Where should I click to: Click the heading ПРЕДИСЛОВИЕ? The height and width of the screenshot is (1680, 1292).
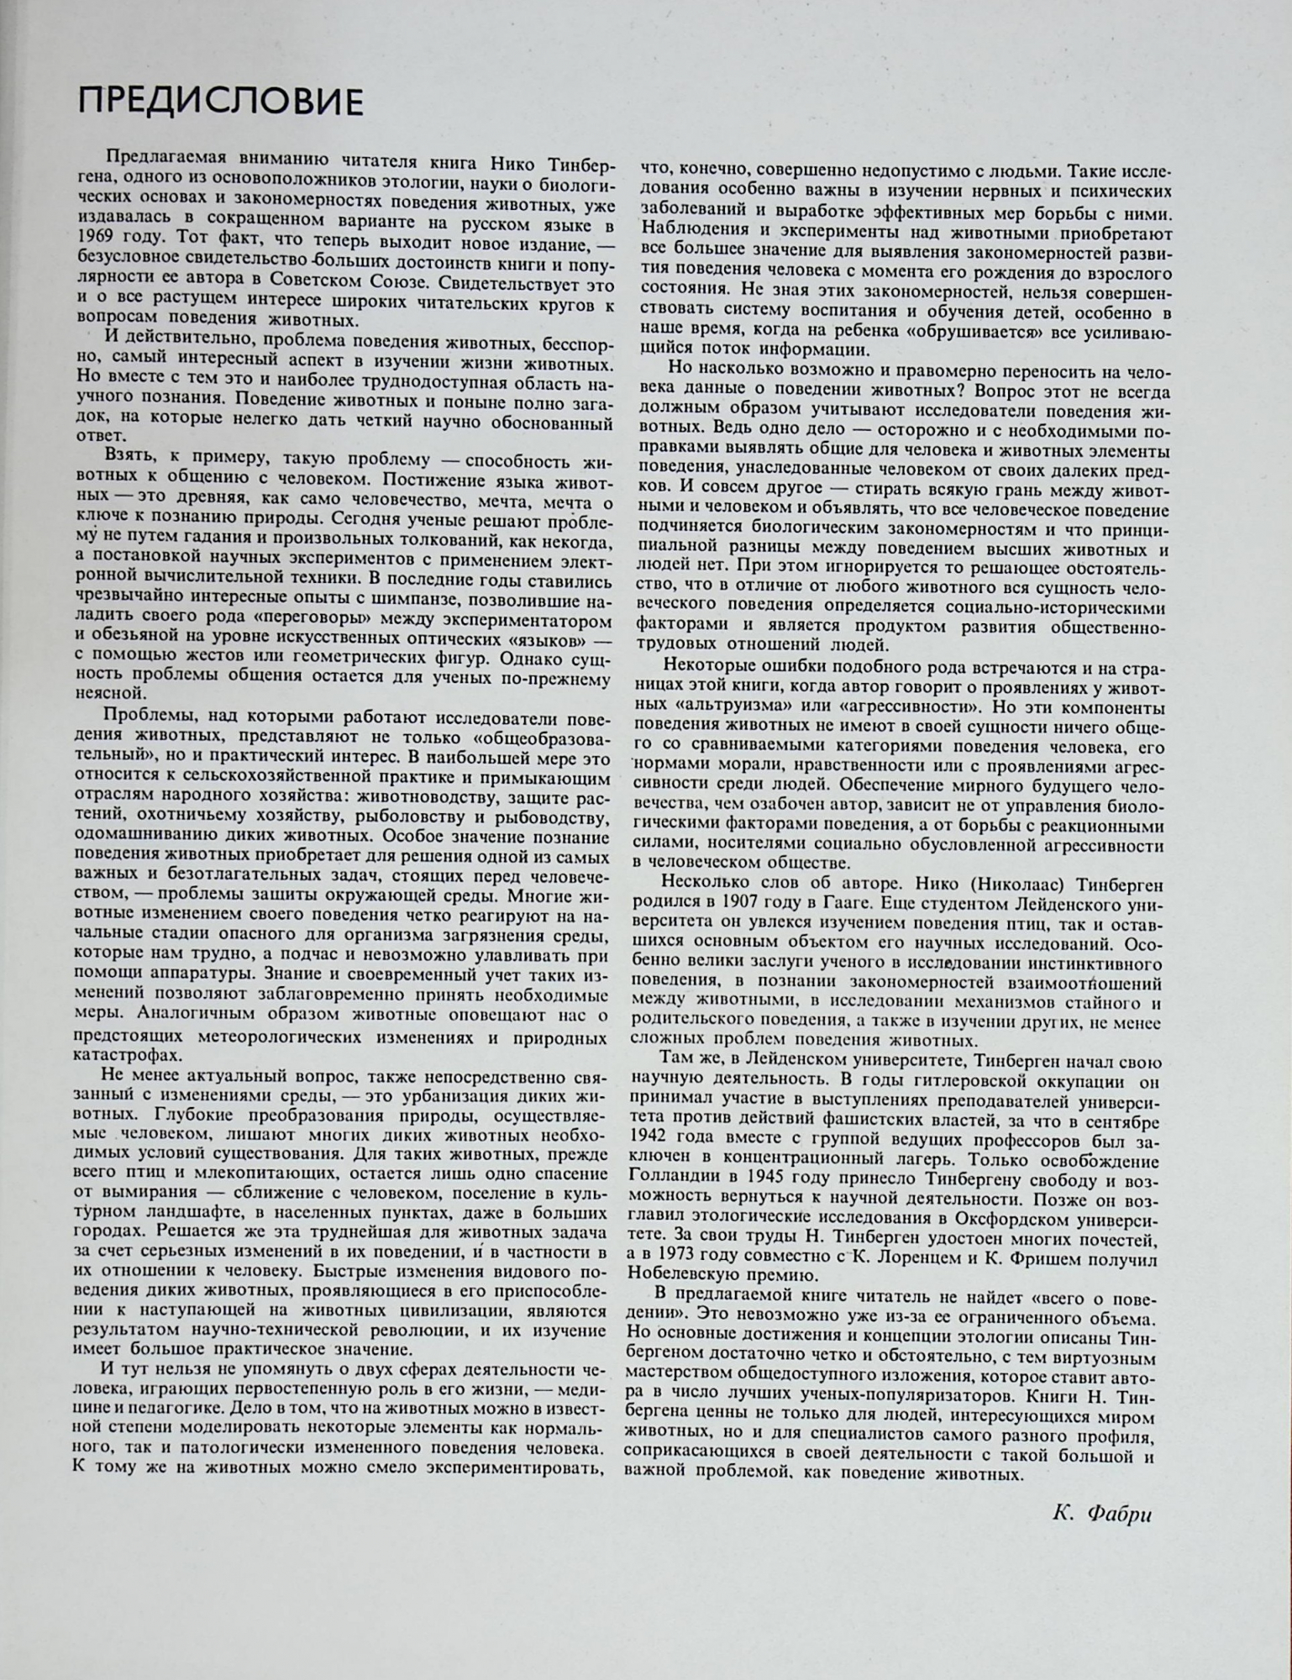220,102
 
